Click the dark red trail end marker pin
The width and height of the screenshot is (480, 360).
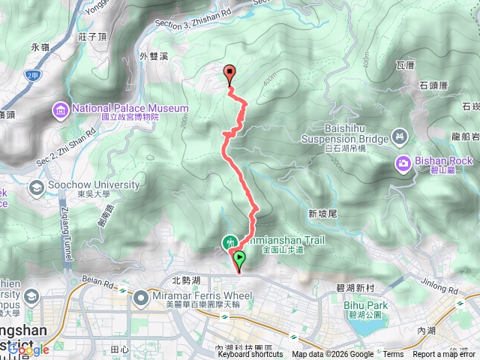point(229,73)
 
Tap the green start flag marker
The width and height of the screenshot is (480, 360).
point(239,259)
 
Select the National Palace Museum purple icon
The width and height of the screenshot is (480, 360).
point(60,111)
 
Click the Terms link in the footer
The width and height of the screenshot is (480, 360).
point(392,355)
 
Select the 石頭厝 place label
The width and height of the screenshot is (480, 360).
point(433,85)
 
